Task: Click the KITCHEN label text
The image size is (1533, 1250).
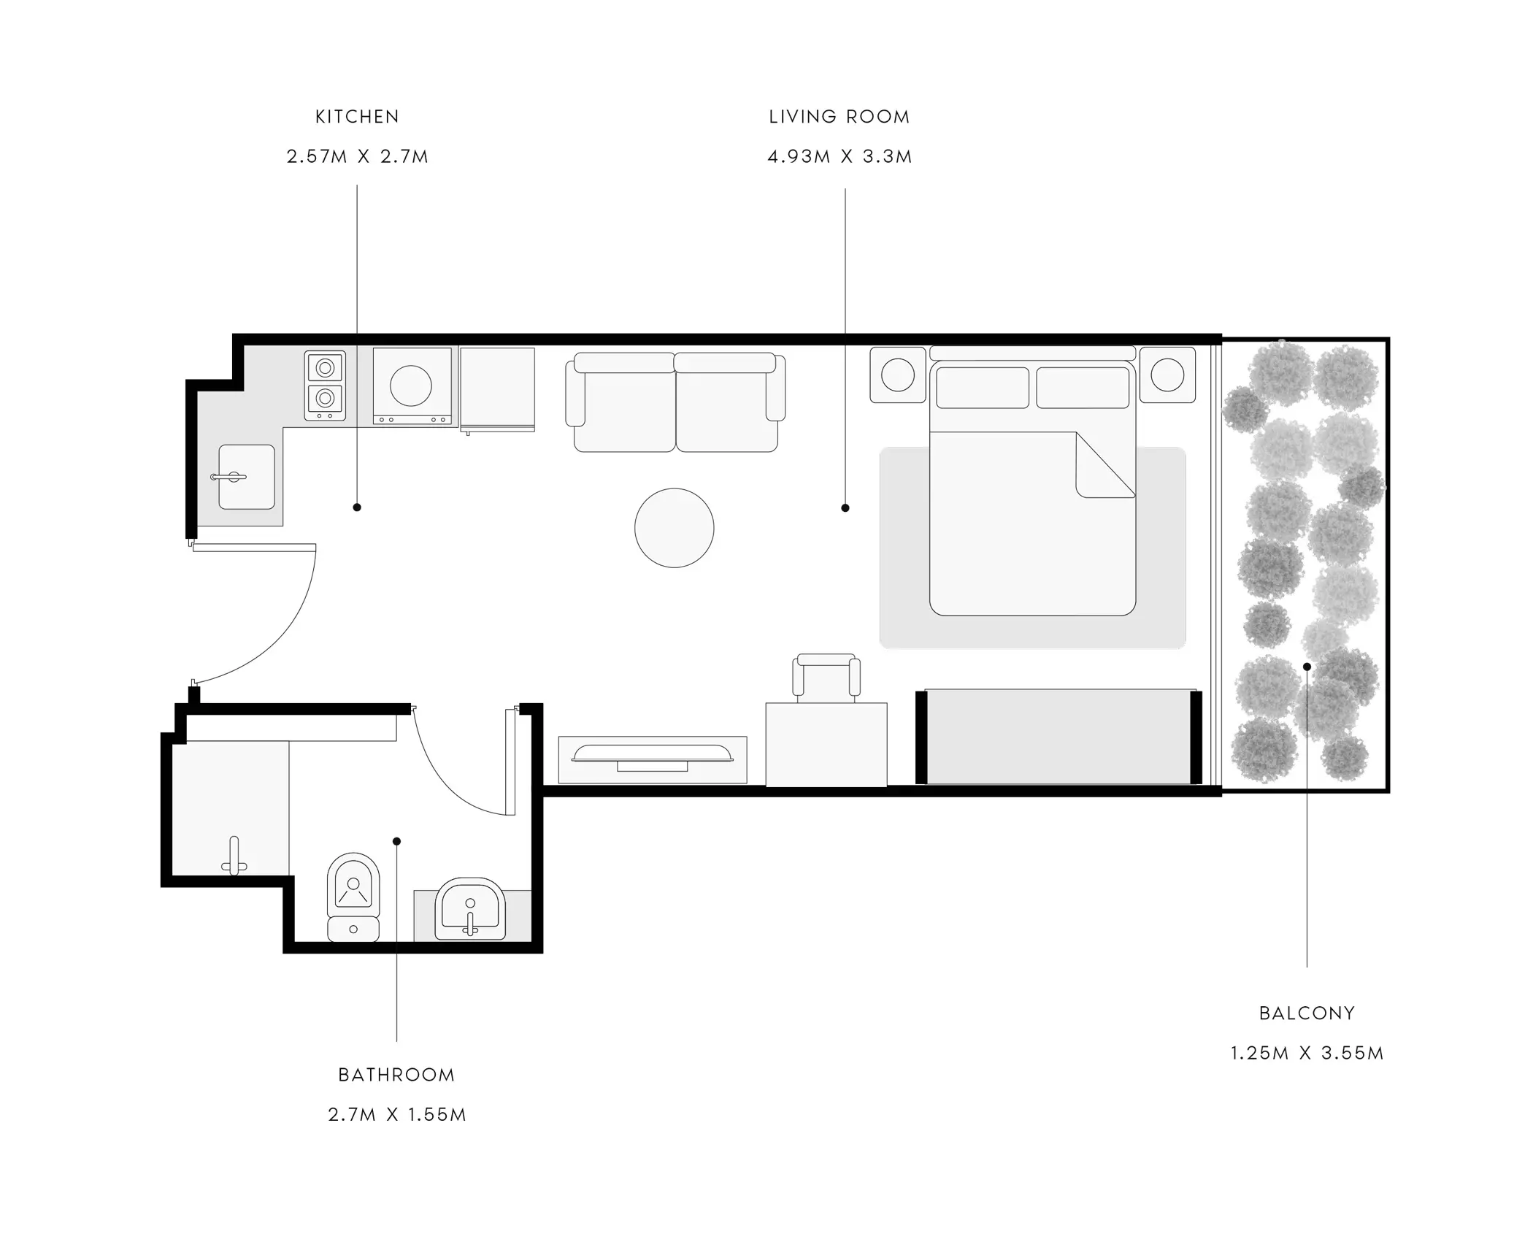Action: coord(357,117)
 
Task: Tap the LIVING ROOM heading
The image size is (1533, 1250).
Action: coord(839,117)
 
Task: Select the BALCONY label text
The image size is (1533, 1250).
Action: coord(1307,1013)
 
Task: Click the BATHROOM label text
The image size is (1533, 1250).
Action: coord(396,1075)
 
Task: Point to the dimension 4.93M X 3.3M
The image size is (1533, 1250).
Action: coord(839,157)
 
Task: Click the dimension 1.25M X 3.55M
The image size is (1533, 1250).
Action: coord(1307,1054)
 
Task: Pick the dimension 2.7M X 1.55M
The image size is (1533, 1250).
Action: coord(396,1115)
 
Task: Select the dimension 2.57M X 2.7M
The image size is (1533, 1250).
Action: coord(357,157)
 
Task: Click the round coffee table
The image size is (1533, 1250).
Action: coord(674,528)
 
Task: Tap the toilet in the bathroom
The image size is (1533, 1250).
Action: coord(353,897)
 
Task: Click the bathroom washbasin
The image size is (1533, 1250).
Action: coord(469,909)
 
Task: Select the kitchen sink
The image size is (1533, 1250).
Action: coord(247,477)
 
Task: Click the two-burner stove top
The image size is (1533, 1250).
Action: coord(325,386)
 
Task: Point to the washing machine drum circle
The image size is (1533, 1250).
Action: coord(410,385)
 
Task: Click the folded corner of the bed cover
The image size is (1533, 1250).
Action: coord(1106,464)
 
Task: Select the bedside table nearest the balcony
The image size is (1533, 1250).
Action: coord(1167,375)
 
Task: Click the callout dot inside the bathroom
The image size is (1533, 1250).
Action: coord(396,841)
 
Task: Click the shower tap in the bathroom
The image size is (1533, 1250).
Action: coord(234,856)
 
